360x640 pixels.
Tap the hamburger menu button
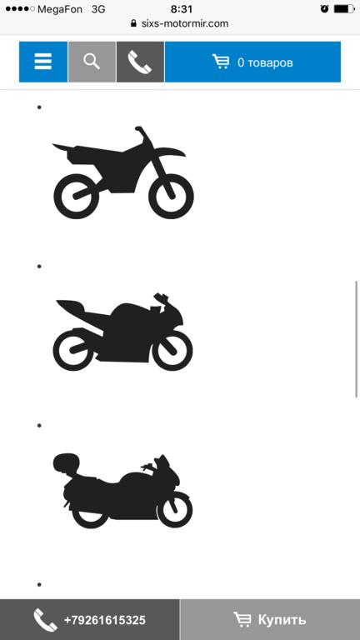(x=42, y=62)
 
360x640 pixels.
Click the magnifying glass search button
(x=92, y=62)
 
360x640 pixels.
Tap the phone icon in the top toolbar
(x=140, y=62)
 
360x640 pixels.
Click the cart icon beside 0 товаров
(x=221, y=62)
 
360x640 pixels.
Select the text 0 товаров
(x=265, y=62)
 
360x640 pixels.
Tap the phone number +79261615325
(x=104, y=620)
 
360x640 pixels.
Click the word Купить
(x=282, y=620)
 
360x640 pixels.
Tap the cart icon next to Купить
(x=242, y=619)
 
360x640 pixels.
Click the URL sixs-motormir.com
(x=185, y=23)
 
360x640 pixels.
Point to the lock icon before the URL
(x=133, y=23)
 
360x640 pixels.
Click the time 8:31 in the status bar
(x=182, y=9)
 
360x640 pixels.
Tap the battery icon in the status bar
(x=344, y=8)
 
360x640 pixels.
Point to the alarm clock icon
(x=324, y=8)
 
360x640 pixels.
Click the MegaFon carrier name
(x=60, y=9)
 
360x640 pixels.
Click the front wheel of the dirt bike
(x=171, y=197)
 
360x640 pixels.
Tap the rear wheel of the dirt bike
(x=77, y=197)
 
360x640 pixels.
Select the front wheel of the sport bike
(x=172, y=350)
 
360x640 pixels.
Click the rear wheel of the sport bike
(x=74, y=350)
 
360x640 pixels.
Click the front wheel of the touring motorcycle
(x=175, y=509)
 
